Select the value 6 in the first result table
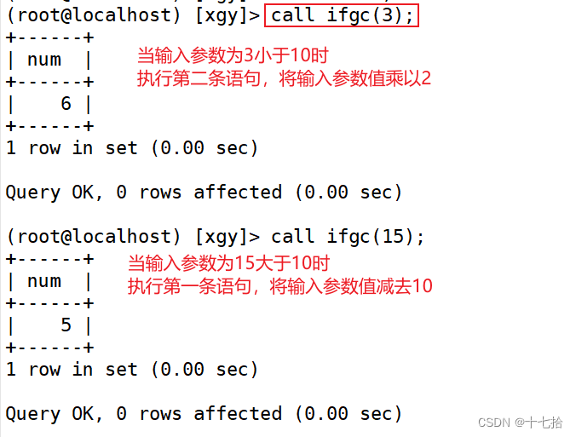[66, 104]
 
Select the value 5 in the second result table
[66, 325]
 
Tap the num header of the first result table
[44, 60]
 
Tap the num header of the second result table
[44, 281]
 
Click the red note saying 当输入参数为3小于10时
[233, 57]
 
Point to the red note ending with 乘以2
[284, 79]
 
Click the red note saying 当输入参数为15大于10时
[228, 263]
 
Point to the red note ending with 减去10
[279, 286]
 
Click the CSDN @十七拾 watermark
[520, 422]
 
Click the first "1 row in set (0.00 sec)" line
[132, 148]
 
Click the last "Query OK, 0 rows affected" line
[204, 414]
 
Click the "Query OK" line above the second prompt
[204, 193]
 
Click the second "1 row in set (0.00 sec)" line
[132, 370]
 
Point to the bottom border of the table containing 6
[49, 126]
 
